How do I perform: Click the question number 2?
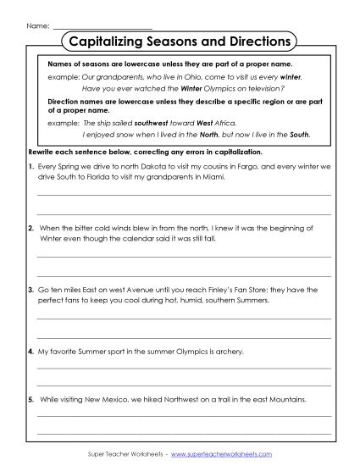tap(30, 229)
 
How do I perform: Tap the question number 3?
tap(30, 290)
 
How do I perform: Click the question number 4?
tap(30, 350)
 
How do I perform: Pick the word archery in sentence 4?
tap(229, 350)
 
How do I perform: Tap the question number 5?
tap(30, 398)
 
